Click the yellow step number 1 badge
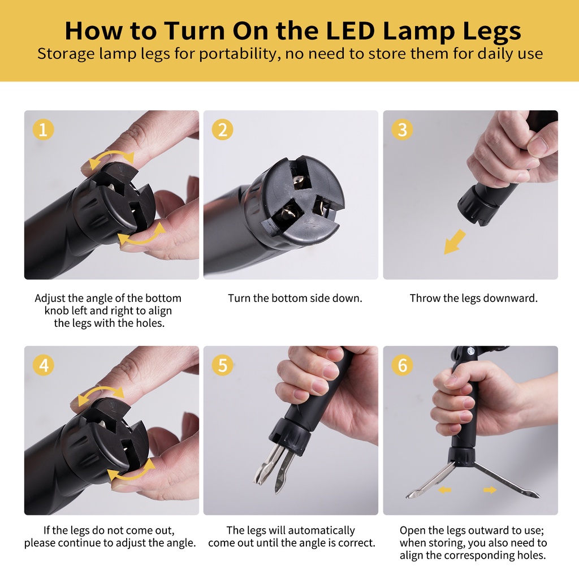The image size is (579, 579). [43, 129]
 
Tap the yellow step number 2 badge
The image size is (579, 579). [222, 129]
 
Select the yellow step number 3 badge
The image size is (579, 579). [402, 129]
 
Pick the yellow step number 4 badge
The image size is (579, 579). [43, 365]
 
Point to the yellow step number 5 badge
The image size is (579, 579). [222, 365]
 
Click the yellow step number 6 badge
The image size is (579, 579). [402, 365]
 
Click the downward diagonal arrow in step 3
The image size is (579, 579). [455, 241]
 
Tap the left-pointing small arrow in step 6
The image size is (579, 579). [444, 490]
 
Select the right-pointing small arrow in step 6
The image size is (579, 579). [490, 490]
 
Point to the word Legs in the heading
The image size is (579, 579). [491, 32]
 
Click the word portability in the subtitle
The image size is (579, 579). [237, 54]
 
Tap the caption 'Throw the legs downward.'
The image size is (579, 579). [473, 298]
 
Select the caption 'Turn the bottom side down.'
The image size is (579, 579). [295, 298]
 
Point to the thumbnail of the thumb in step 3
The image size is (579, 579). [538, 145]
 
